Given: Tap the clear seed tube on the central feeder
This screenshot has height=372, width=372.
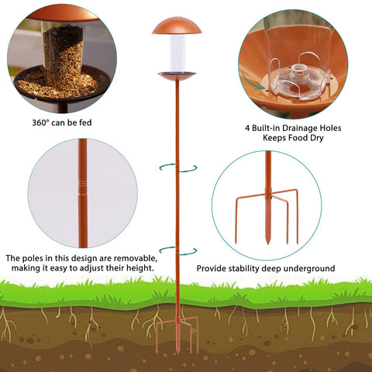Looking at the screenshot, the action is coord(177,53).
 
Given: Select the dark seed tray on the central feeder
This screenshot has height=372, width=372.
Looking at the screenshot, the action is coord(177,76).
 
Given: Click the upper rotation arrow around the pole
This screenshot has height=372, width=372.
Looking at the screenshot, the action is coord(178,168).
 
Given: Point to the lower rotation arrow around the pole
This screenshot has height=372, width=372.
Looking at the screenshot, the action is coord(178,251).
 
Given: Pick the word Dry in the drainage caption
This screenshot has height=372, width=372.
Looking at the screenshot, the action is coord(317,138).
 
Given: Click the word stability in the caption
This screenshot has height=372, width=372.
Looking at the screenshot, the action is coord(244,268).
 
